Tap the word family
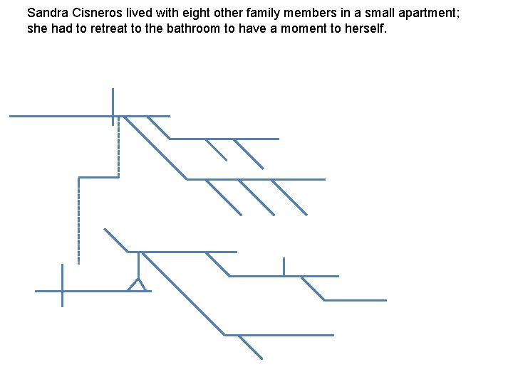tap(274, 13)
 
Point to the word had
tap(63, 28)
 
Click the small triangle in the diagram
tap(138, 286)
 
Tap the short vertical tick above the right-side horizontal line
tap(284, 266)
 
